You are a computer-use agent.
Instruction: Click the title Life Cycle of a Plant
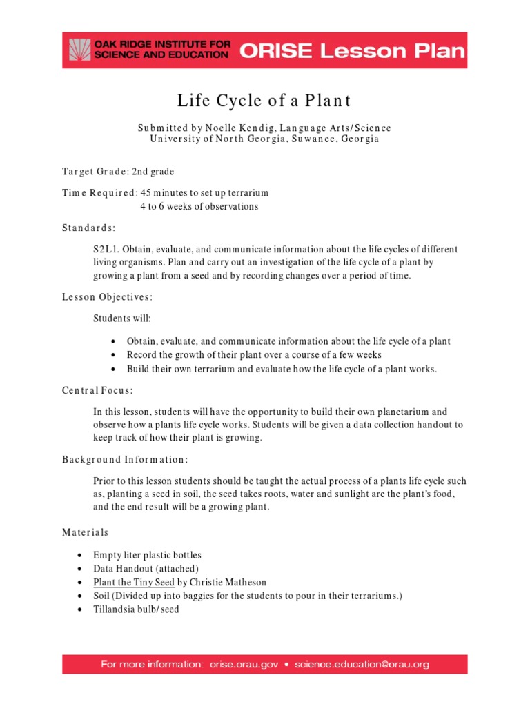[264, 101]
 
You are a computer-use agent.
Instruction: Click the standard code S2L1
[106, 249]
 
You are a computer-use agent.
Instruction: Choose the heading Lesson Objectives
[107, 297]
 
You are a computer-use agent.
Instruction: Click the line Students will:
[122, 319]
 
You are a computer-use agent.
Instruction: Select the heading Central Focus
[97, 391]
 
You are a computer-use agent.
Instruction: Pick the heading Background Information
[125, 459]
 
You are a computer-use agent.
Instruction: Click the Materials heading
[86, 532]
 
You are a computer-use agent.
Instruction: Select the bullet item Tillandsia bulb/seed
[136, 609]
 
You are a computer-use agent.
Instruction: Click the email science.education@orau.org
[362, 665]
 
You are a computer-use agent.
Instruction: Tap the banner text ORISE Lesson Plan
[352, 50]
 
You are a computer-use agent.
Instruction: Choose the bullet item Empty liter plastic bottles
[148, 555]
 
